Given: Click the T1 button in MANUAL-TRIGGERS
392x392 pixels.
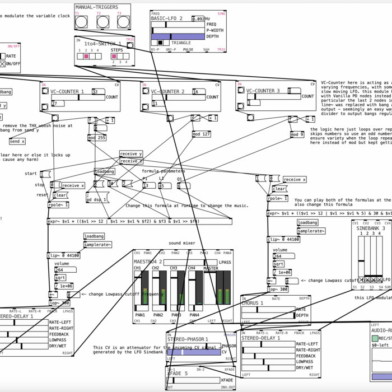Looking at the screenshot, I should coord(82,21).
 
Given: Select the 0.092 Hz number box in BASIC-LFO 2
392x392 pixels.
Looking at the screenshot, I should coord(198,18).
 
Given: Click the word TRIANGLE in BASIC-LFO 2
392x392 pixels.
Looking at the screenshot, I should coord(181,42).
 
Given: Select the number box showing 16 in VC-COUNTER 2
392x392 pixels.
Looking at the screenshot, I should coord(198,91).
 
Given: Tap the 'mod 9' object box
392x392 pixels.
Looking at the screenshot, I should coord(297,134).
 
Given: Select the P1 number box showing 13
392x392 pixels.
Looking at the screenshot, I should coord(148,185).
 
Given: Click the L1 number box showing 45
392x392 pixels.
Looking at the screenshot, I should coord(166,185).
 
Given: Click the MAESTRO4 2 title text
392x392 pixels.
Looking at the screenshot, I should coord(148,262).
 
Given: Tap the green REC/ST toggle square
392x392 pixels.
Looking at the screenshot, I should coord(375,337).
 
